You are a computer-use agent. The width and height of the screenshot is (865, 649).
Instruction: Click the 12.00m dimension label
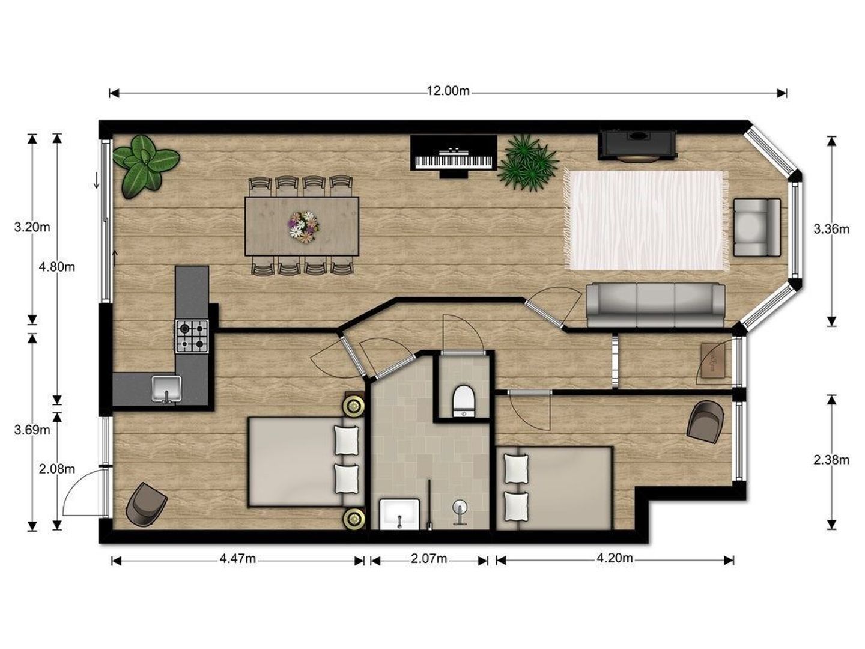coord(448,91)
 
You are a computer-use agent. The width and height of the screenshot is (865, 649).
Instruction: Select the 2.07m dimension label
coord(429,558)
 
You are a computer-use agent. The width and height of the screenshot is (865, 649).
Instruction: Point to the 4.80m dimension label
coord(56,267)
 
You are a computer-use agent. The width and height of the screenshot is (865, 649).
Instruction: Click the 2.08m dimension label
coord(56,469)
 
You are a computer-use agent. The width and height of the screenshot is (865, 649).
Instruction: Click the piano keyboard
coord(453,161)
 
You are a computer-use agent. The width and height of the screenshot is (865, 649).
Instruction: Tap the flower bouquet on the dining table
coord(303,227)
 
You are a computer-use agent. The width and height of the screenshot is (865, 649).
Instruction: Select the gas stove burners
coord(192,336)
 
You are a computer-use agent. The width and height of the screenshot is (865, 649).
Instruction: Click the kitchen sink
coord(166,389)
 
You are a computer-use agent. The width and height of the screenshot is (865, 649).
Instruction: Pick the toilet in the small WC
coord(463,401)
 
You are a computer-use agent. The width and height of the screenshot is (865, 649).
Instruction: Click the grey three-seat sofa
coord(655,305)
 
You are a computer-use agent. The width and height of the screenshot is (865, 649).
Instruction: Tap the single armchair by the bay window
coord(757,227)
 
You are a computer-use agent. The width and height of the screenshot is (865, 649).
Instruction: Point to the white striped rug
coord(646,221)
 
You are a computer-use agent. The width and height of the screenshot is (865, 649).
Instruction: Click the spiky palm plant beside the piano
coord(527,163)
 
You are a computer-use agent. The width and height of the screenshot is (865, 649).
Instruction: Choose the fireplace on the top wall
coord(637,145)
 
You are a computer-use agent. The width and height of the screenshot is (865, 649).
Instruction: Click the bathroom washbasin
coord(399,514)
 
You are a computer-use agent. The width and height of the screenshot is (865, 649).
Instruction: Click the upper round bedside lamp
coord(353,405)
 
